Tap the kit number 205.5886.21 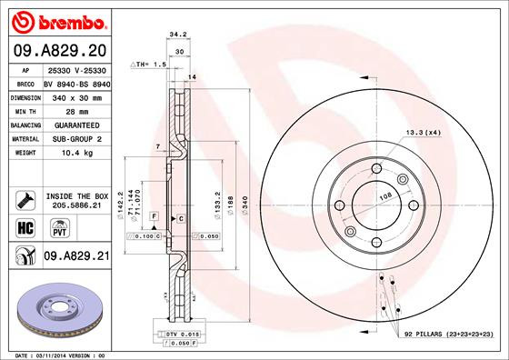(x=75, y=206)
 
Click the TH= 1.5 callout (x=147, y=65)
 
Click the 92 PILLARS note (x=448, y=335)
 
